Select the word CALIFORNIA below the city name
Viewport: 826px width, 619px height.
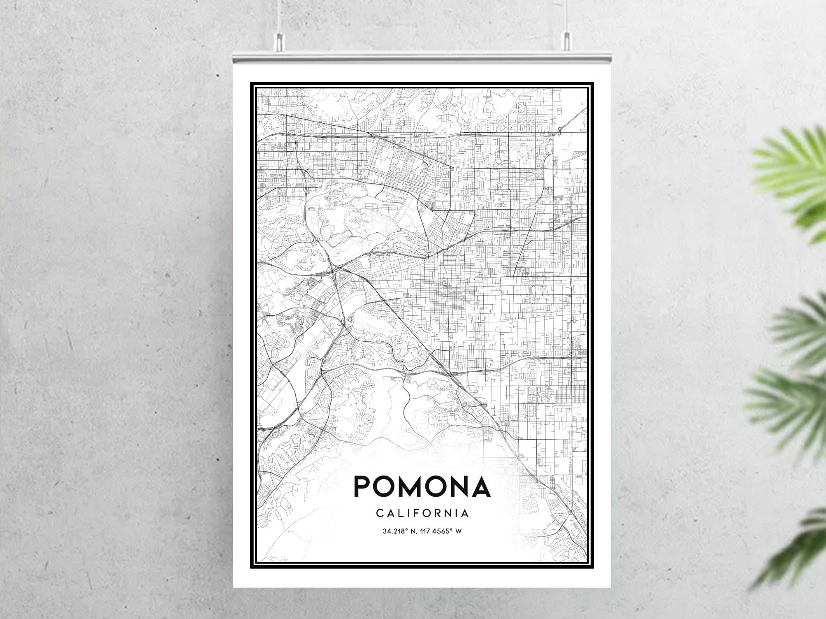click(x=422, y=513)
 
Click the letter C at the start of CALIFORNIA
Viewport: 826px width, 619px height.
click(x=379, y=513)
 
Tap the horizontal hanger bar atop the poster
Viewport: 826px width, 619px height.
click(x=422, y=57)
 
